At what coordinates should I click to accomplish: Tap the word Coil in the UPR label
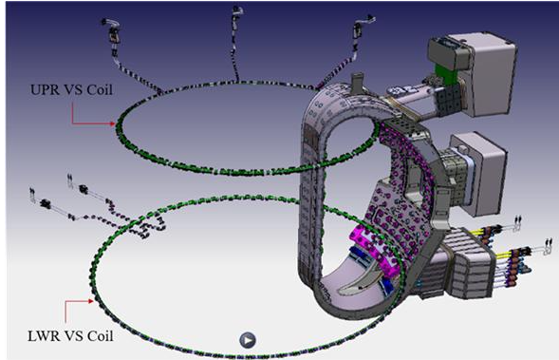click(100, 89)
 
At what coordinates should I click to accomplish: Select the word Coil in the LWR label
click(101, 336)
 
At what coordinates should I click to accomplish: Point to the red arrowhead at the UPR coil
click(113, 123)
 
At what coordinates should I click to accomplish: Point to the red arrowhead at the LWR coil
click(91, 301)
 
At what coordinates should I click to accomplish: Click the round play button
click(248, 340)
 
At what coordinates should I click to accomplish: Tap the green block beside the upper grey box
click(445, 76)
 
